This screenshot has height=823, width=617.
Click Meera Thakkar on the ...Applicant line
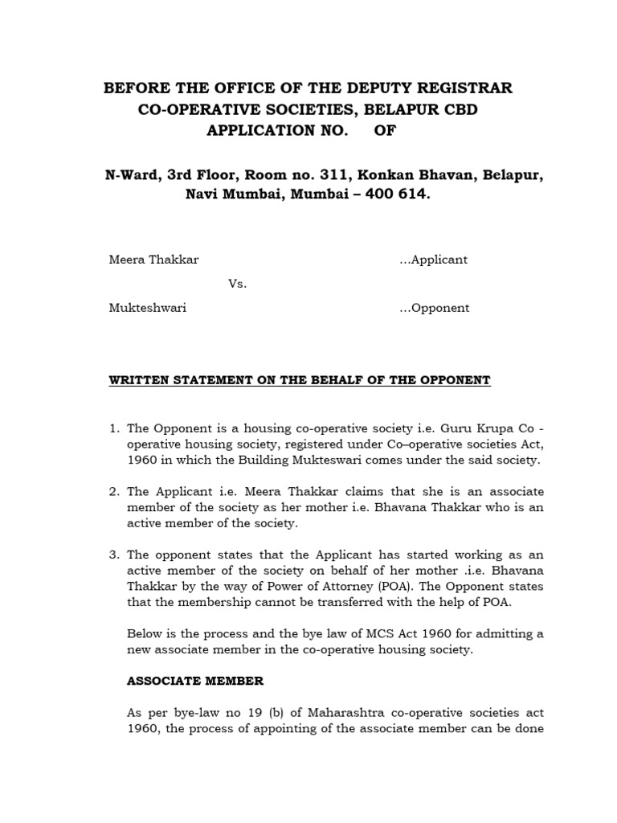pyautogui.click(x=153, y=260)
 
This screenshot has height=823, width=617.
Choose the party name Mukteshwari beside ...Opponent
pyautogui.click(x=147, y=308)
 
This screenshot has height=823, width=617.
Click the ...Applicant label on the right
pyautogui.click(x=433, y=260)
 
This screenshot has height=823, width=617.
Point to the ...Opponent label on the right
pyautogui.click(x=434, y=308)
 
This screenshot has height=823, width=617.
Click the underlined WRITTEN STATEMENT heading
pyautogui.click(x=299, y=380)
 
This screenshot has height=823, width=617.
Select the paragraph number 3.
pyautogui.click(x=113, y=555)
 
